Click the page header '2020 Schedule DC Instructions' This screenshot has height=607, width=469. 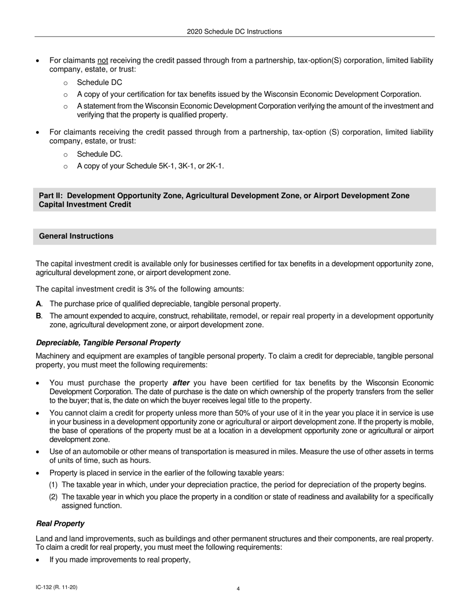(234, 32)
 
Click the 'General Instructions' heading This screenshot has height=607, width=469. (76, 236)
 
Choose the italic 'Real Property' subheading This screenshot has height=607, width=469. (60, 523)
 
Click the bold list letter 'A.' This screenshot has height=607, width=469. (39, 303)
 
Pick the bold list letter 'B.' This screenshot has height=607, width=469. (39, 315)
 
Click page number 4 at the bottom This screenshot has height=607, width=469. (238, 588)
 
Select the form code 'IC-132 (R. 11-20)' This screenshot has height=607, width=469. (56, 587)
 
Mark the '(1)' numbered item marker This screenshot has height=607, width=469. (53, 485)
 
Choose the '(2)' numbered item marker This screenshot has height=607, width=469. (53, 496)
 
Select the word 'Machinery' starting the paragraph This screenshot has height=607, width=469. (53, 356)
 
